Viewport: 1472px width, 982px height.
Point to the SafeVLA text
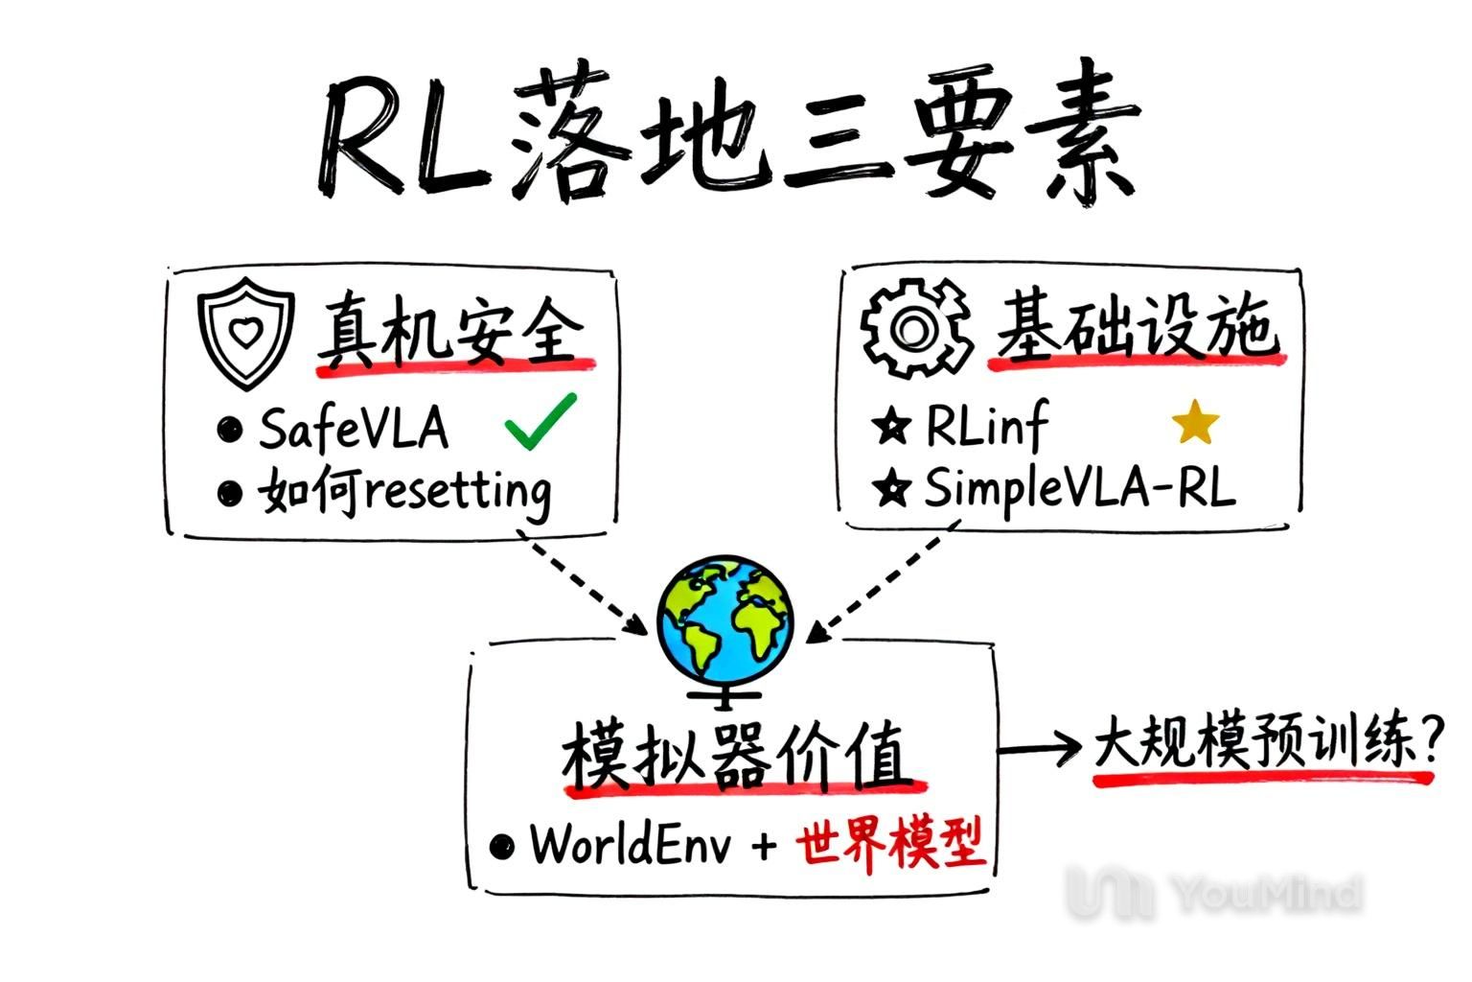point(353,428)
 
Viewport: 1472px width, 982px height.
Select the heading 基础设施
point(1136,328)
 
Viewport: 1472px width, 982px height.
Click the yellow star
point(1195,423)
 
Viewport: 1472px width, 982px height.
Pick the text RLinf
point(987,424)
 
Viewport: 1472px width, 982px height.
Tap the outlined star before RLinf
point(891,426)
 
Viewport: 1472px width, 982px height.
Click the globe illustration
point(725,620)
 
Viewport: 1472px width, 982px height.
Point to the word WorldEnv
point(632,845)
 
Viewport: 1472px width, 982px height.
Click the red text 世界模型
point(890,845)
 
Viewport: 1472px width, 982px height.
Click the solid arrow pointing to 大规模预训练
point(1039,749)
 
